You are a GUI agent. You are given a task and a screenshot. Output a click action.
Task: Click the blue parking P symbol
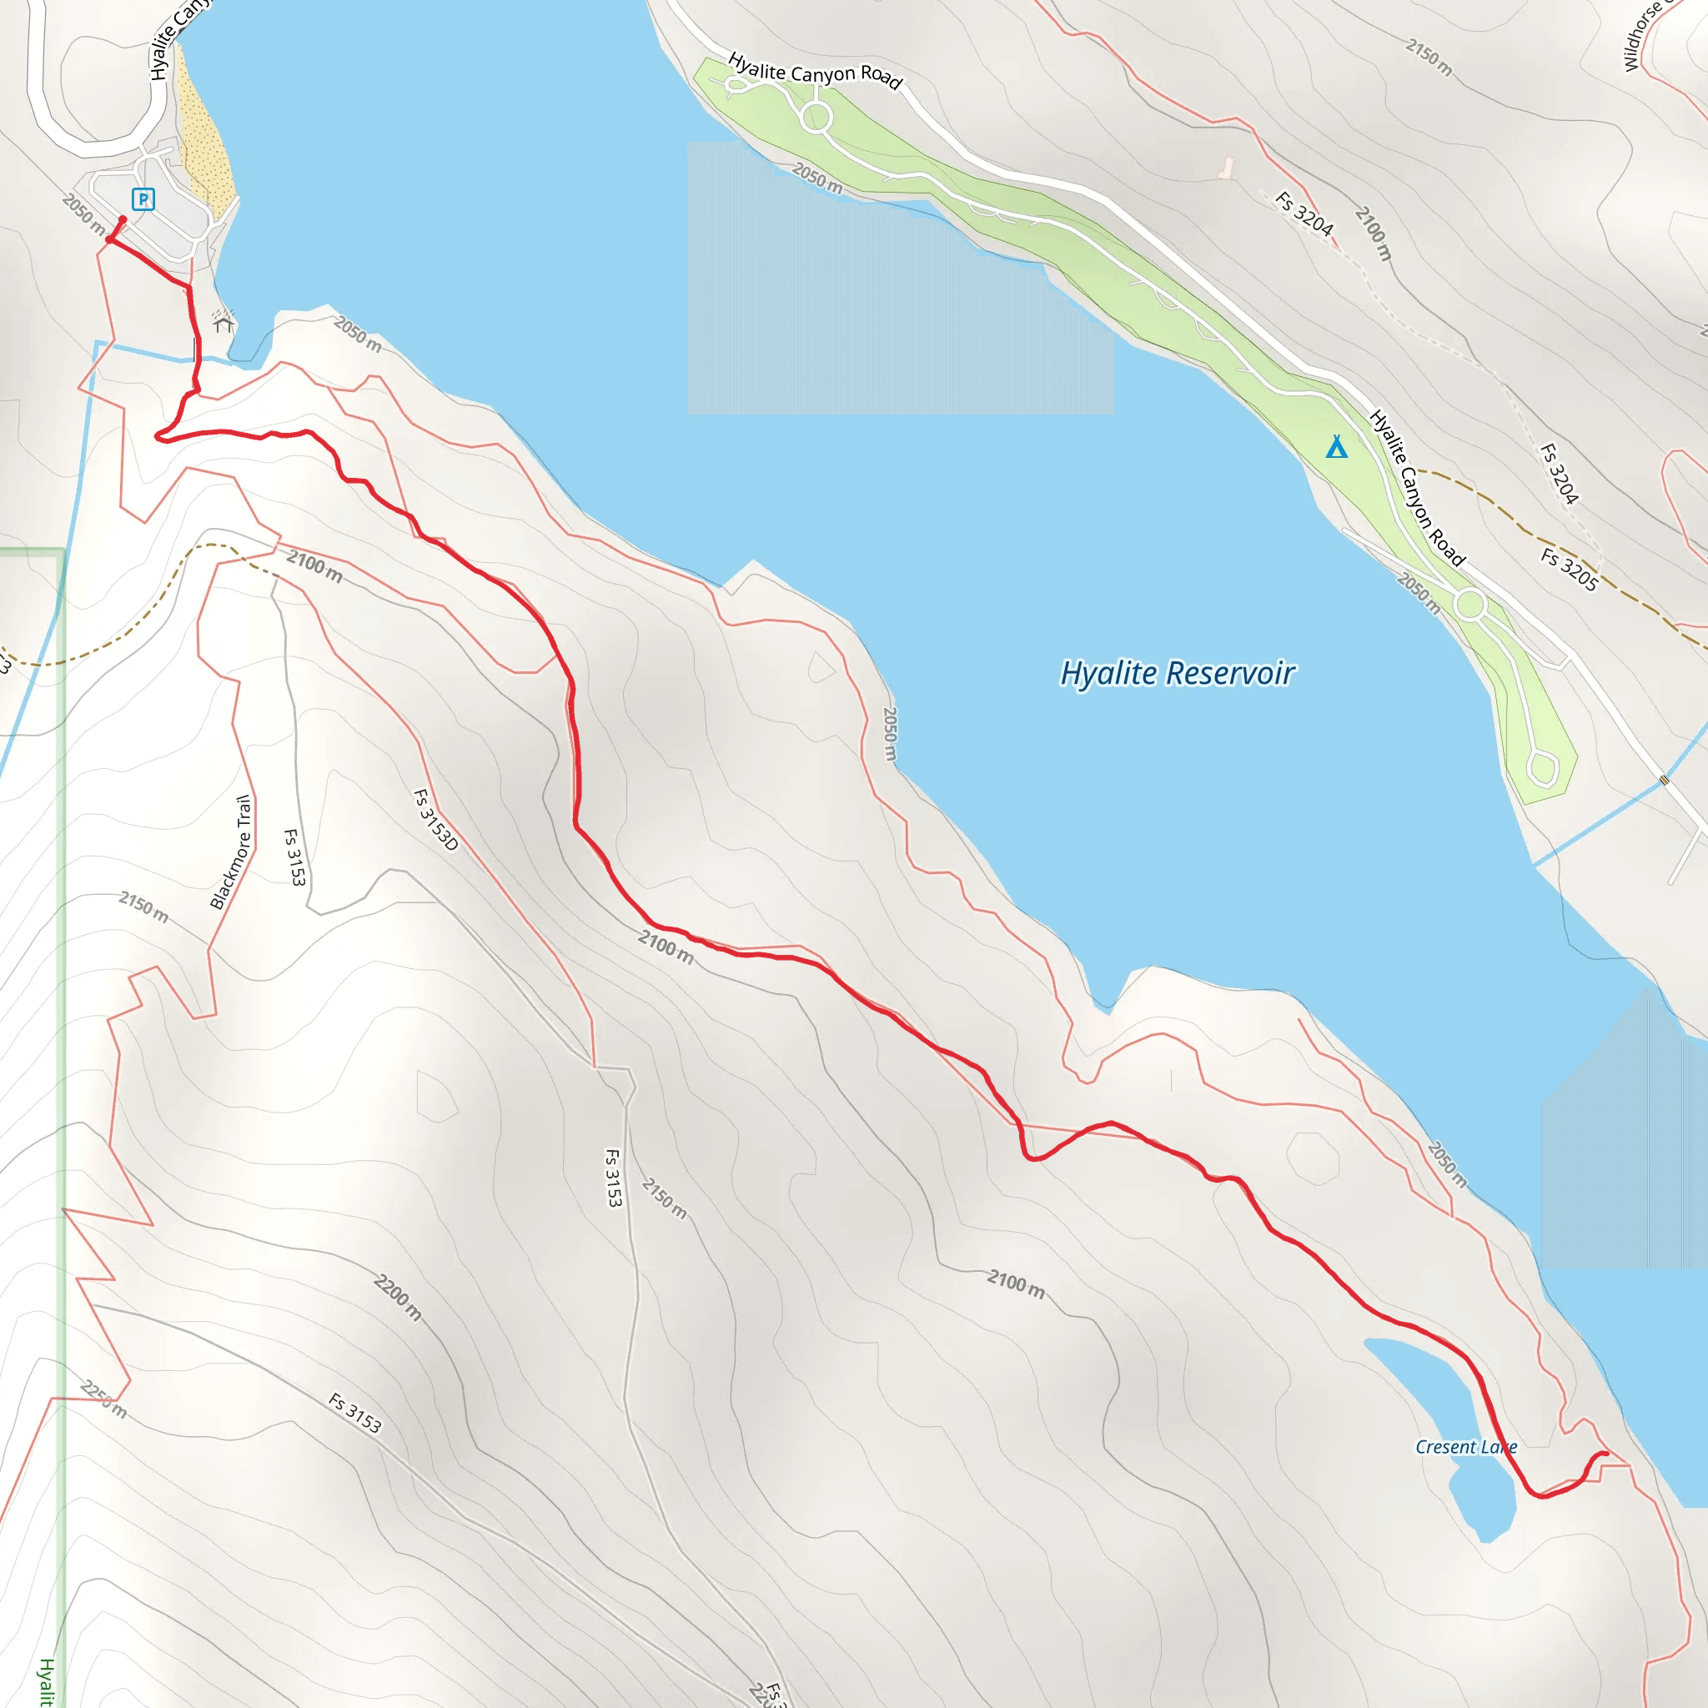(143, 199)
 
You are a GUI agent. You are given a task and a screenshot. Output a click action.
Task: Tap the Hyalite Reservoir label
(1177, 674)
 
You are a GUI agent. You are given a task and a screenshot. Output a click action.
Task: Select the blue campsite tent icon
(1336, 447)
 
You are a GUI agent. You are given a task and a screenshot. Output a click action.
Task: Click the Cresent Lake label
(1466, 1447)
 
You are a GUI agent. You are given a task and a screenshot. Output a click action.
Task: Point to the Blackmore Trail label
(231, 852)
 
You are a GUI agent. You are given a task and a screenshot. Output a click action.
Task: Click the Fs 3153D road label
(436, 820)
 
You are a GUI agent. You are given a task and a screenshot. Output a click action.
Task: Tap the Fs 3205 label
(1570, 570)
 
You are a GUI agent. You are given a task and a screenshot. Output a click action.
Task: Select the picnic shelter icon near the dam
(223, 323)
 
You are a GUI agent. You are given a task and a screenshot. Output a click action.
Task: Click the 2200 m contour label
(398, 1297)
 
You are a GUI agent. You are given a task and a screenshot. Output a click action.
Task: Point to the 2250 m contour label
(103, 1399)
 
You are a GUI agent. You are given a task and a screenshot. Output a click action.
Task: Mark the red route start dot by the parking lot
(123, 220)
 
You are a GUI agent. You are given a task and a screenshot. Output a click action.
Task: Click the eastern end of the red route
(1605, 1454)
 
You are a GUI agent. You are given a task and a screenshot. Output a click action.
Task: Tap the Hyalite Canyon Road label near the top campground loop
(814, 72)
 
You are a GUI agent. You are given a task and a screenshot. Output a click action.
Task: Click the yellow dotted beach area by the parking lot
(205, 150)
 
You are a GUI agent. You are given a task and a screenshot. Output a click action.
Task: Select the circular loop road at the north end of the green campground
(816, 117)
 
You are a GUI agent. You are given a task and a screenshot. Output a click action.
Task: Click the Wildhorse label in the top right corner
(1643, 35)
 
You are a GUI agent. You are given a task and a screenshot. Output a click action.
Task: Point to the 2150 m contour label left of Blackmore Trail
(143, 907)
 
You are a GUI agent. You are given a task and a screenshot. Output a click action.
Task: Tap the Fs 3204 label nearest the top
(1304, 213)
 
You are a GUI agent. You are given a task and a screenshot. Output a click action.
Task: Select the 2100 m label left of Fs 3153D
(314, 565)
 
